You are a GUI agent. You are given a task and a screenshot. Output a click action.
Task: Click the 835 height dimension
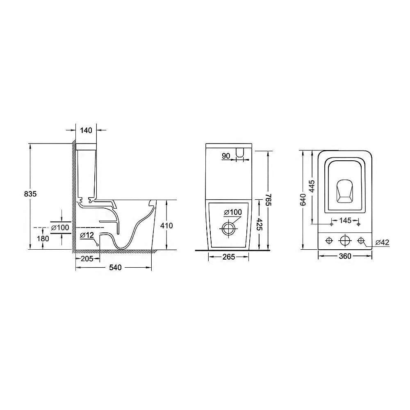[x=30, y=194]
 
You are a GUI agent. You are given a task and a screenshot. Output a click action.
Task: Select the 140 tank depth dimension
[x=86, y=130]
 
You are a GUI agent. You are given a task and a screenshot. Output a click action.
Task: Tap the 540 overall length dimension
[x=115, y=267]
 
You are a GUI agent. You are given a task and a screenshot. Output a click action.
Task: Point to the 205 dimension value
[x=87, y=259]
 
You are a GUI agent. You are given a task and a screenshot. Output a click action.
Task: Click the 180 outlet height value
[x=43, y=239]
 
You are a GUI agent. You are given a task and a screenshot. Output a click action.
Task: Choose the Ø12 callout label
[x=87, y=235]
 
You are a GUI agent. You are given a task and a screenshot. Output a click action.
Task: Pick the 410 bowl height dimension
[x=166, y=225]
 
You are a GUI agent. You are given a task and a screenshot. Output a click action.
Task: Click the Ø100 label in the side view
[x=60, y=228]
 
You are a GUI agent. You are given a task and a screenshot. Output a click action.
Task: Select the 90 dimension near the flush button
[x=226, y=156]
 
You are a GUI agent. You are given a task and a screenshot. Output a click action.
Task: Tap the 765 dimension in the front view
[x=269, y=200]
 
